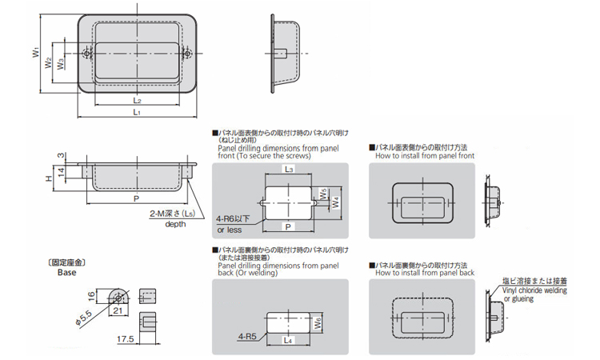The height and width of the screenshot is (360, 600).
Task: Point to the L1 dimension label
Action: pos(138,114)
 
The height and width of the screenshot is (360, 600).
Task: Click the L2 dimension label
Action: pos(138,101)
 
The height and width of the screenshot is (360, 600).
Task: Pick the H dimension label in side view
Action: pos(48,174)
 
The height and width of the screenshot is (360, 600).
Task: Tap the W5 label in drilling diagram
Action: pos(322,193)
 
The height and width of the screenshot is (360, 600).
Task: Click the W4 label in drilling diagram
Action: pos(337,202)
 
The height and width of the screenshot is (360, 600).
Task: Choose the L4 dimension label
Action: pos(289,342)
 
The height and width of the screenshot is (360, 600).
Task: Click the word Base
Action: pos(66,272)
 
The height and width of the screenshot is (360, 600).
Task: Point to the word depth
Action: pos(175,224)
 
